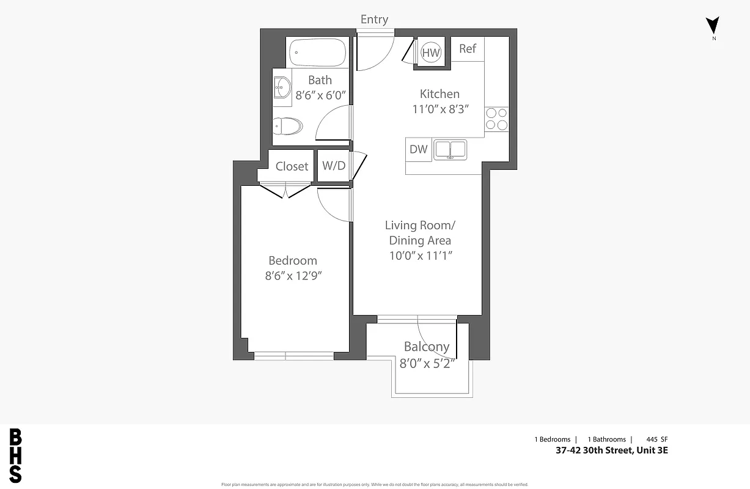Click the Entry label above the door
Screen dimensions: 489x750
(374, 20)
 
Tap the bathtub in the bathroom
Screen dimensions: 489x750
(317, 52)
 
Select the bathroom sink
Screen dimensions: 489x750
(282, 87)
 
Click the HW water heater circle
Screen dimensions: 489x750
(431, 53)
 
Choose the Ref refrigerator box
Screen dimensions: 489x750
(468, 49)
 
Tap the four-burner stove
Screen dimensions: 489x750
(496, 119)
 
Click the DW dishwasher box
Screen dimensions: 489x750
(419, 149)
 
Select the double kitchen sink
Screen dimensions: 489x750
(450, 150)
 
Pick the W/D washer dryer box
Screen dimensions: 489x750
(333, 166)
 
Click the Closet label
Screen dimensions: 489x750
(292, 166)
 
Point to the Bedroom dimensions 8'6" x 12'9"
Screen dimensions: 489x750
(293, 276)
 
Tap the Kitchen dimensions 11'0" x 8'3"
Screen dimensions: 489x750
(440, 109)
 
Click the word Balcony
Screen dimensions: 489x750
(427, 347)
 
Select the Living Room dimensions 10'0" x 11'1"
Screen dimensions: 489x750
(420, 256)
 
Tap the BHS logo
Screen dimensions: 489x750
(16, 456)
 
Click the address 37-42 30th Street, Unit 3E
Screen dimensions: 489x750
(612, 451)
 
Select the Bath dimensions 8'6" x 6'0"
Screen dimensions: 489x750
(321, 95)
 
